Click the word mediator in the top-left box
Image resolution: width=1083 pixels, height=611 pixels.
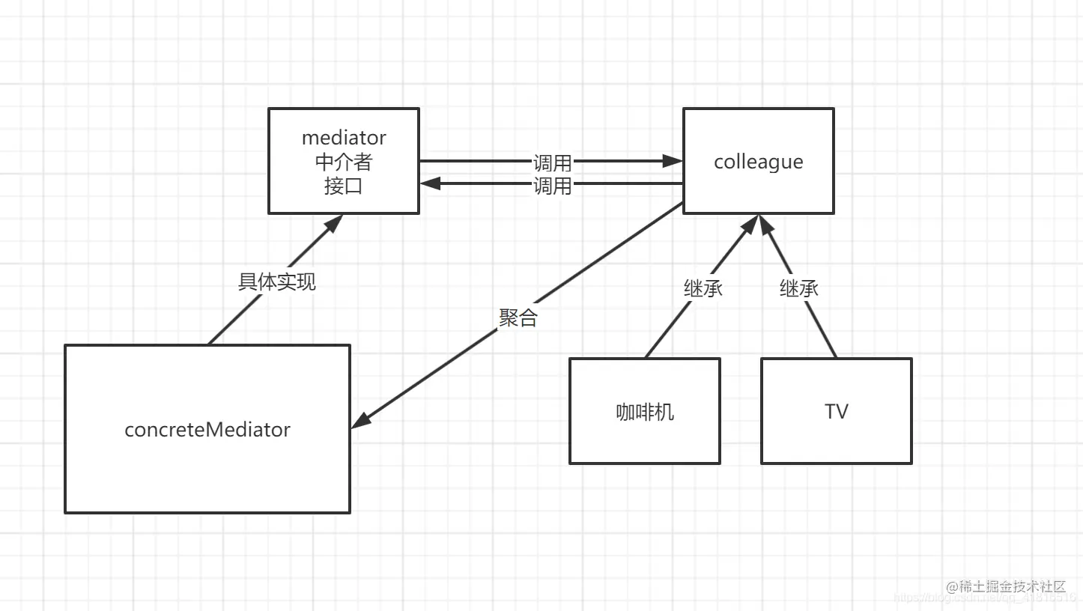344,138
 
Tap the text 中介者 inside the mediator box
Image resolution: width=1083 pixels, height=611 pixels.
344,162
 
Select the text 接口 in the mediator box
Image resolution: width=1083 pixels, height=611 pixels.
344,186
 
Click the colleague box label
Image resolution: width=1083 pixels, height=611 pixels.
758,162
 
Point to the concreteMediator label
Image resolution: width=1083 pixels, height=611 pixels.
207,430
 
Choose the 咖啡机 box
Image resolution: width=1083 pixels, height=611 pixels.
645,411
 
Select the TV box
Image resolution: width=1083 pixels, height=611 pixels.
837,411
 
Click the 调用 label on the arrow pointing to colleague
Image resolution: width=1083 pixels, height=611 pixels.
553,162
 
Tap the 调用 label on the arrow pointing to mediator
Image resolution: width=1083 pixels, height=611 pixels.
553,186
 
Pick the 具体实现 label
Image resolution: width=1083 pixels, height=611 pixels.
277,282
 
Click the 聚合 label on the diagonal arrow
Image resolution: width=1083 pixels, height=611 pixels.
518,317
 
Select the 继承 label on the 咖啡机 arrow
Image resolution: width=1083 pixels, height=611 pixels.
703,288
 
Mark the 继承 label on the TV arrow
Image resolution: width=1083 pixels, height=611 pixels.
799,288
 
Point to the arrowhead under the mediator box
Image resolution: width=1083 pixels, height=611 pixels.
334,222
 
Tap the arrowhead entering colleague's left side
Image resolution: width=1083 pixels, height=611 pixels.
673,161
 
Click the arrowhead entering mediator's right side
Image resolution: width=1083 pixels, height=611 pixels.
429,183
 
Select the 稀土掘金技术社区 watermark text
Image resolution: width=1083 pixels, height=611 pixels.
1006,586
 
